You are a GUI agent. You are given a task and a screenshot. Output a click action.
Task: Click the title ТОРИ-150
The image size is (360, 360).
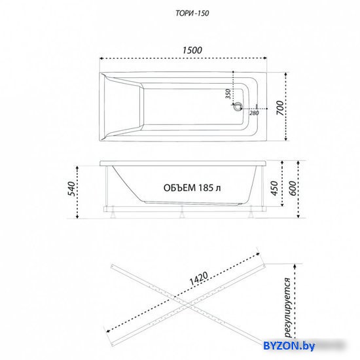tap(192, 13)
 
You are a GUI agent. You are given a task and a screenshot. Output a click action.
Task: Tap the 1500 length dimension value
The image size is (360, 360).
tap(192, 50)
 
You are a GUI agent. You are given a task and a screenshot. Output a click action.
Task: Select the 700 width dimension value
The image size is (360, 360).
tap(280, 108)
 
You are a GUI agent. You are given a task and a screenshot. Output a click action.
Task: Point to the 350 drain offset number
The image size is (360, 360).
tap(228, 94)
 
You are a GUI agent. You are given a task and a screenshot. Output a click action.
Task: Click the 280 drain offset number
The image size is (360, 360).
tap(254, 113)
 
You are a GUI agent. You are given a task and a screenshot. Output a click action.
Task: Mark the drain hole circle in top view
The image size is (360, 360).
tap(238, 107)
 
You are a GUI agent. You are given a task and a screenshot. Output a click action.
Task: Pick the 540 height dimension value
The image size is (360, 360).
tap(72, 189)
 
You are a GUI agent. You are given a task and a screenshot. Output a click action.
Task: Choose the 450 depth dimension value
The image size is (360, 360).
tap(274, 189)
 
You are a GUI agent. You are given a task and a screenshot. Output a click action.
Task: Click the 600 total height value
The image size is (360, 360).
tap(293, 189)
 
